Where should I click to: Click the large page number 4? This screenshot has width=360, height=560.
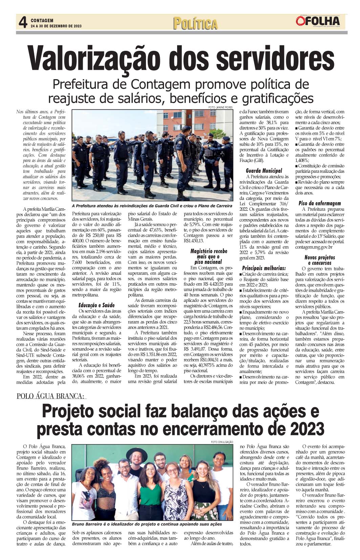pos(23,22)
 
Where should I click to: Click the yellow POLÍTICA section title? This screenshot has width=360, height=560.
pos(195,24)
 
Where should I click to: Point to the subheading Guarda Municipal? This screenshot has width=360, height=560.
pos(264,171)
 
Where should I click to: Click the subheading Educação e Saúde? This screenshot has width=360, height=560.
pos(97,305)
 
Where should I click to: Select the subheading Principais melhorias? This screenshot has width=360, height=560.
pos(264,268)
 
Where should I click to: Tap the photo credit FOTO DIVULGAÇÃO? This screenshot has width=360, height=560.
pos(222,442)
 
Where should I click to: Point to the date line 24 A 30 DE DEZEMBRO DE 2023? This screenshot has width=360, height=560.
pos(57,26)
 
